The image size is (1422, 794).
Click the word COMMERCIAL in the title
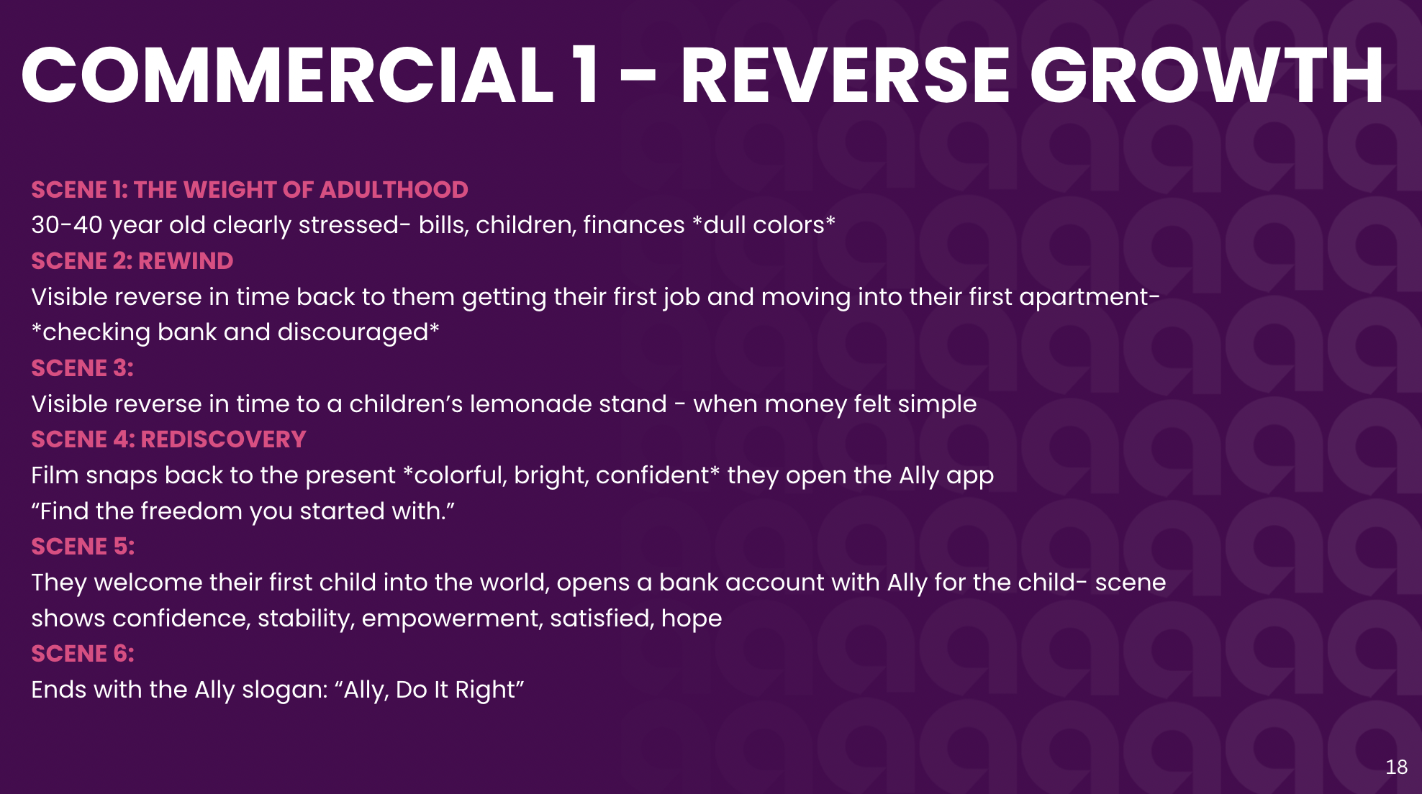coord(287,76)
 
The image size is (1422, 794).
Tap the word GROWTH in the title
coord(1207,76)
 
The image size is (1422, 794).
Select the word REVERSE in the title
coord(846,76)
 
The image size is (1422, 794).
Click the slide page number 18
coord(1396,767)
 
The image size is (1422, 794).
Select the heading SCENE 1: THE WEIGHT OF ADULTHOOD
coord(250,190)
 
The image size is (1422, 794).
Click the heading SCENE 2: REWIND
coord(132,261)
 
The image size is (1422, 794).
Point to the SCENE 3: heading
coord(82,368)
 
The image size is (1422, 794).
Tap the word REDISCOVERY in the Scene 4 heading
coord(224,439)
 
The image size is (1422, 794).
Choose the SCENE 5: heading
coord(83,547)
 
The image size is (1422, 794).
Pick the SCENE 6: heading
coord(83,654)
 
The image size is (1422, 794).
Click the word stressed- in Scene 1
coord(355,225)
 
